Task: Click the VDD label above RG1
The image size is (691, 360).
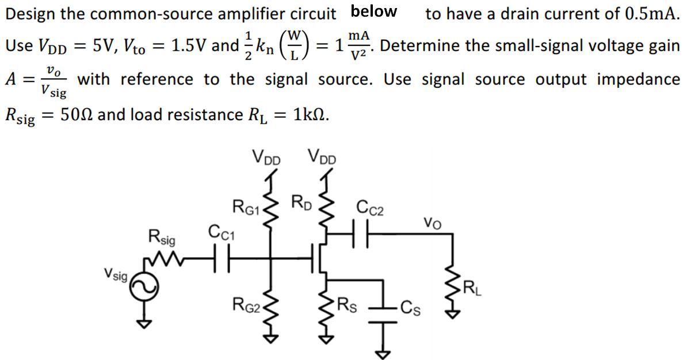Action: click(x=266, y=156)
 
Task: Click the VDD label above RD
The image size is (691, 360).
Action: click(x=323, y=156)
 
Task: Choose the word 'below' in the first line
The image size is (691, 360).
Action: click(x=374, y=12)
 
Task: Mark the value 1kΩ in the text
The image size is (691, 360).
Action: click(x=311, y=114)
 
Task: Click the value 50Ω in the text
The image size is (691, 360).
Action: click(x=79, y=114)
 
